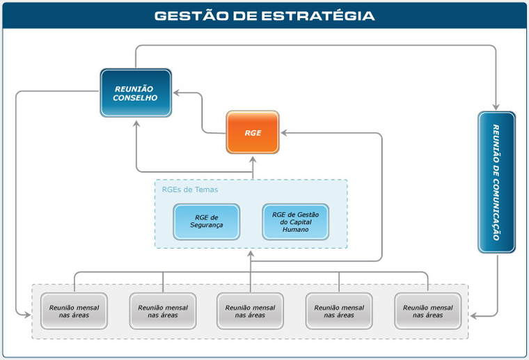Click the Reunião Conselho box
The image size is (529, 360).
coord(136,93)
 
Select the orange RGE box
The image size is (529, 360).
coord(253,132)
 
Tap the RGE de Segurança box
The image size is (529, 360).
coord(207,221)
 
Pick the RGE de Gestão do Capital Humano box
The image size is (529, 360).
coord(295,221)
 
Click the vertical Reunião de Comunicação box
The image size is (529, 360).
coord(496,182)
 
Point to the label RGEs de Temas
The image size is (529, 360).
coord(190,189)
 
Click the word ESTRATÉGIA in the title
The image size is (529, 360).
coord(318,16)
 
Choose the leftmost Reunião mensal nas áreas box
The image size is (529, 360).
coord(74,311)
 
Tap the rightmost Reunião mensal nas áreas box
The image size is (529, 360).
coord(428,311)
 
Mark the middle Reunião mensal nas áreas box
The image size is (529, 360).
coord(250,311)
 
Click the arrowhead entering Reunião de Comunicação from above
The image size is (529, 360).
coord(496,107)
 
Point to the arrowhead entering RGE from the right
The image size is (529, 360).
coord(284,133)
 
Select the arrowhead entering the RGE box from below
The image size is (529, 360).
coord(253,159)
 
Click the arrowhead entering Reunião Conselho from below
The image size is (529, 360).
coord(136,124)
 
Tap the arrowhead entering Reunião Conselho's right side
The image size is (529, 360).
coord(177,93)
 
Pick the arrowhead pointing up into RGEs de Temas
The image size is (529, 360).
coord(251,254)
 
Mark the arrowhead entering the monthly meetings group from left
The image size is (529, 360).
coord(27,315)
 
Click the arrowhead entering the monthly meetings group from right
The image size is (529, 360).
coord(474,316)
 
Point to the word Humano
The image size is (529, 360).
coord(296,229)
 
